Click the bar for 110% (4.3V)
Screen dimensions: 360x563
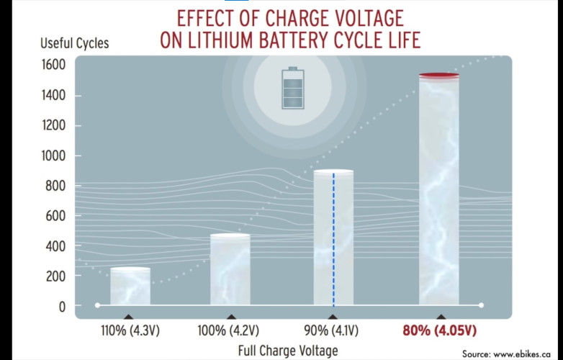pos(130,287)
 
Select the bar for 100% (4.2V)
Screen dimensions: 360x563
pos(230,270)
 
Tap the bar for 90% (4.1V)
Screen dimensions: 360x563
pos(333,238)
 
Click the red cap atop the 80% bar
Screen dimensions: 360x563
pos(439,75)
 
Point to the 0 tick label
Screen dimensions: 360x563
pos(61,307)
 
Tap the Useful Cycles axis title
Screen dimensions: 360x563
pos(74,43)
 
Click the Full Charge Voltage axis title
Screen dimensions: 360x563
pos(287,351)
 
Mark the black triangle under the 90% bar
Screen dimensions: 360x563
pos(332,316)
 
